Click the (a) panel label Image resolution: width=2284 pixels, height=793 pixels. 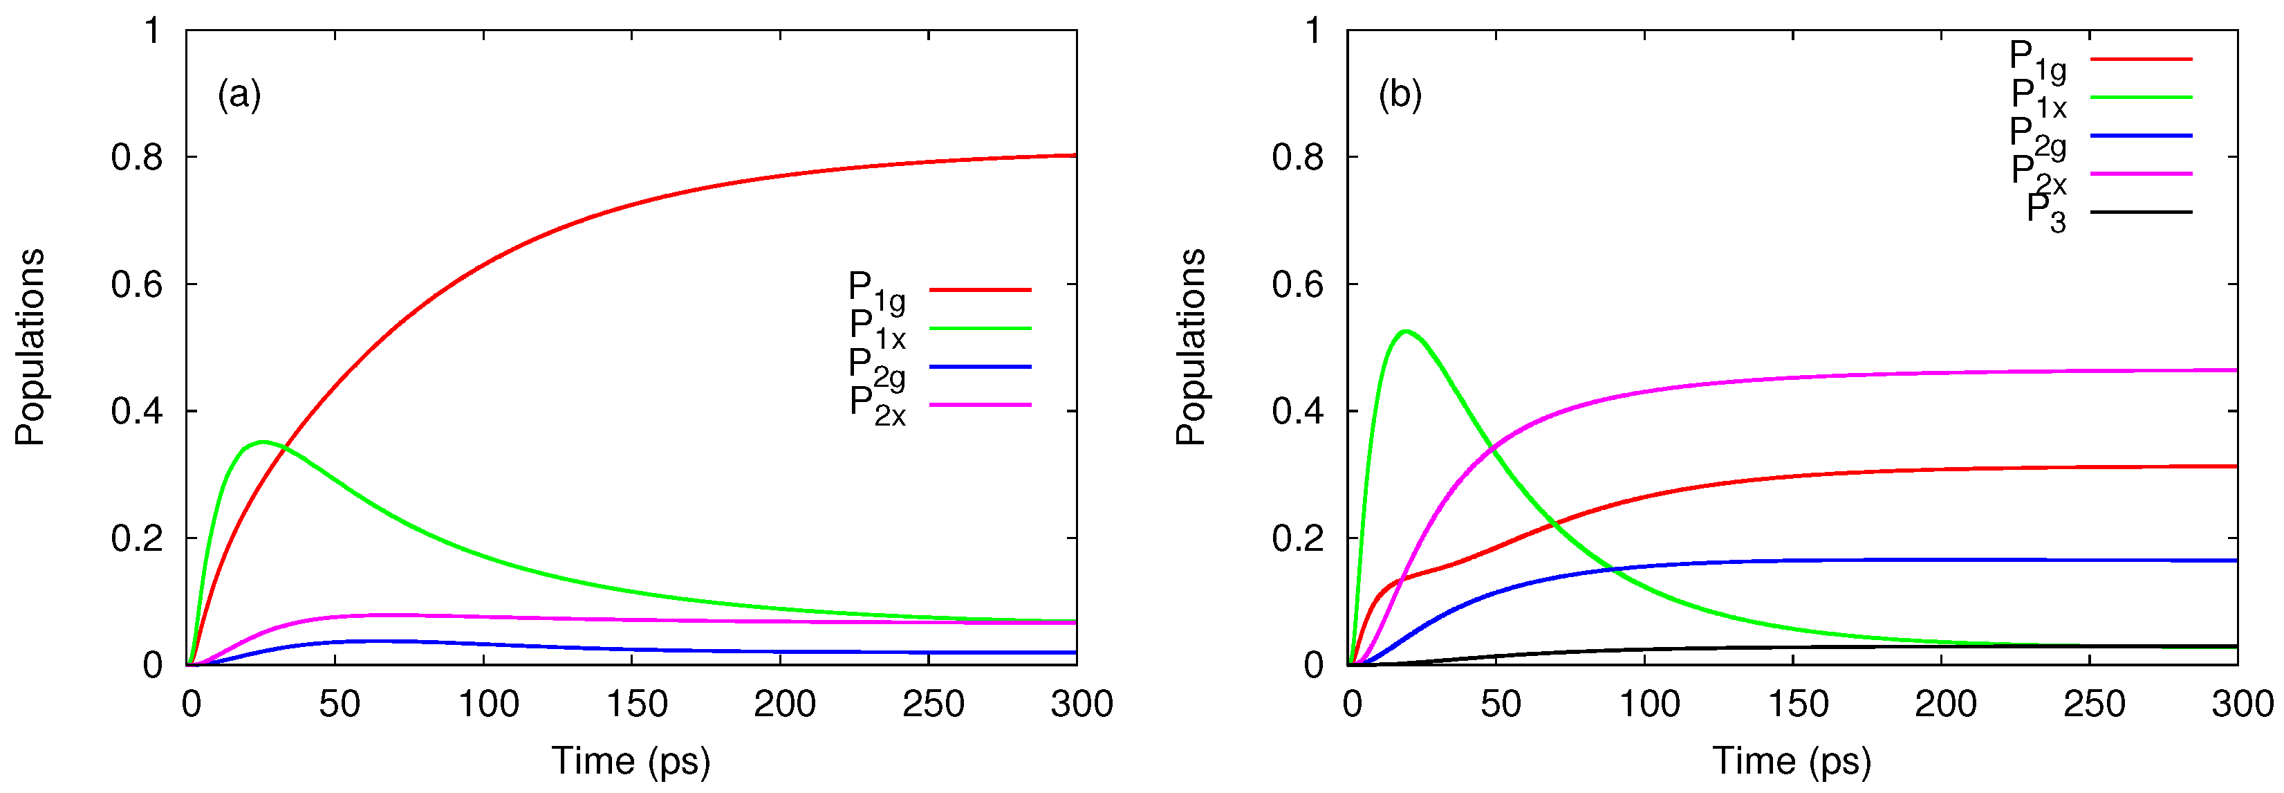pos(239,94)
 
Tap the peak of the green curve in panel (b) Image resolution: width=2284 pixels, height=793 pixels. pos(1405,331)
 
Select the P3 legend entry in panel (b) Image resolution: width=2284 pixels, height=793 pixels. pos(2045,214)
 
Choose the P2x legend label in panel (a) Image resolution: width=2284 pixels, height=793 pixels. pos(877,405)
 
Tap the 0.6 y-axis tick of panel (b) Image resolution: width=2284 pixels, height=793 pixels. pos(1297,284)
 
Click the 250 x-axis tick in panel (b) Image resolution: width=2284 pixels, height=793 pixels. pos(2093,704)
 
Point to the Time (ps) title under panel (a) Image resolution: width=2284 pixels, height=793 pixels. pos(631,761)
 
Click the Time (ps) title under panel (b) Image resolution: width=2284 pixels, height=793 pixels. pos(1791,761)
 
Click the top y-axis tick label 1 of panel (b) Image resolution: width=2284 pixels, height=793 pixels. pos(1313,31)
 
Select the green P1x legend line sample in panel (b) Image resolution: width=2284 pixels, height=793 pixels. pos(2140,98)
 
